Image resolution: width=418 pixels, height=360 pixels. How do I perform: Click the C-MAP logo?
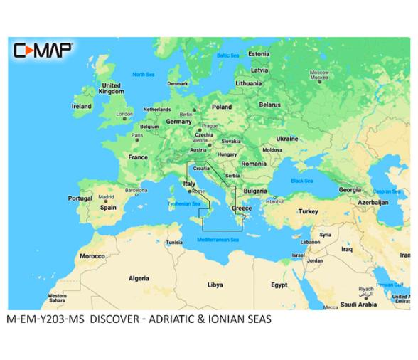coord(43,50)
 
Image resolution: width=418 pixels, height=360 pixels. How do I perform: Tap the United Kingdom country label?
coord(111,88)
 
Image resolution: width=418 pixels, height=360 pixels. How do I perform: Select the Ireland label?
coord(82,106)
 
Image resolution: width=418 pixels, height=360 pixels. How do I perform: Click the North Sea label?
coord(143,74)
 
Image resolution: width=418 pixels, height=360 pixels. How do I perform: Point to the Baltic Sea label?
coord(227,55)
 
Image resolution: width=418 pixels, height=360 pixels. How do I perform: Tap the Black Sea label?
coord(301,181)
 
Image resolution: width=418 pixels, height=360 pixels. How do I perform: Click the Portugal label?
coord(80,198)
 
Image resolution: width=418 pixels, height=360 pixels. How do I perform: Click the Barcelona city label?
coord(136,191)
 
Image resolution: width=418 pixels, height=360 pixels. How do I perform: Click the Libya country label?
coord(214,284)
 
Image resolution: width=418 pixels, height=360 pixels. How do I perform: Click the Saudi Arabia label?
coord(358,304)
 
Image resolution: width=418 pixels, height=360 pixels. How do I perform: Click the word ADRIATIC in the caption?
coord(177,319)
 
